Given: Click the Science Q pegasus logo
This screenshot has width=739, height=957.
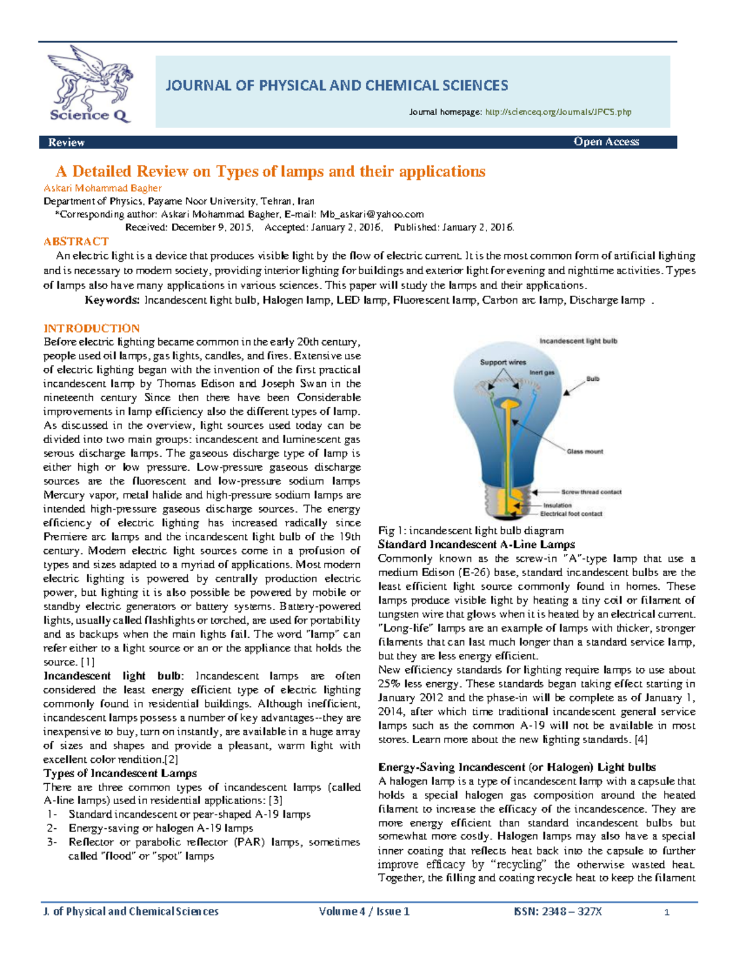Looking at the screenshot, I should (x=91, y=83).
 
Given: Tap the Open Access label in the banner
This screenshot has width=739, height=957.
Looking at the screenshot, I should (x=606, y=142).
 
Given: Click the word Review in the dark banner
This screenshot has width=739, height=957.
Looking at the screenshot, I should (x=66, y=142).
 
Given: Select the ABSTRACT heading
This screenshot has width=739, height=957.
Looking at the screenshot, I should (x=76, y=242).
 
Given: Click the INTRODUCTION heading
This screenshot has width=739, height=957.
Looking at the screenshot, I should (x=91, y=328).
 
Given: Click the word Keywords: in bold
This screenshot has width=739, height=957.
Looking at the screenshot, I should (x=112, y=300).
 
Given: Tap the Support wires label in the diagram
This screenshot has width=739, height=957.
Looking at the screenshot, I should (x=503, y=362).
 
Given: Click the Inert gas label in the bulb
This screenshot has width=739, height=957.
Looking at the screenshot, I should (x=542, y=373).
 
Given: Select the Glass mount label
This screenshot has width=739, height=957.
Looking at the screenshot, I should (x=585, y=452).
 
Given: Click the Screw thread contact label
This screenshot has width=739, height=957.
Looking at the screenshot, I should (x=591, y=492).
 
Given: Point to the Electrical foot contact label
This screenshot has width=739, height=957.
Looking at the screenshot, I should (x=571, y=513).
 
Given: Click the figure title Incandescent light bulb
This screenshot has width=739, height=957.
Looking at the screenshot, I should (x=578, y=341).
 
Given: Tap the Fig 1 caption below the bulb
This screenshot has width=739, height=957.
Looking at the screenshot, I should (x=470, y=531).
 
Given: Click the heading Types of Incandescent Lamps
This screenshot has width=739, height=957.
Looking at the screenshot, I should (x=120, y=773).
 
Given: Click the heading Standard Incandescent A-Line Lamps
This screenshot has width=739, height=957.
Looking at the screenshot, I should (x=476, y=544).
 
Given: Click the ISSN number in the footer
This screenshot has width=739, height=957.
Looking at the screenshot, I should (x=557, y=911).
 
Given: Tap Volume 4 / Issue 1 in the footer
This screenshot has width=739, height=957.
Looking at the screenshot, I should (x=364, y=911).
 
